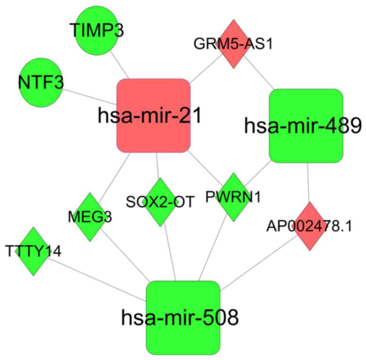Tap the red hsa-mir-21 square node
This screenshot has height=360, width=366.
point(153,115)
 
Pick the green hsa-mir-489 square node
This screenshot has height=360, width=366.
point(306,126)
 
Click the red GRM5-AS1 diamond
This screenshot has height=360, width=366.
point(234,44)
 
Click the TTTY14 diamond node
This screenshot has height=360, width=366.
point(33,251)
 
